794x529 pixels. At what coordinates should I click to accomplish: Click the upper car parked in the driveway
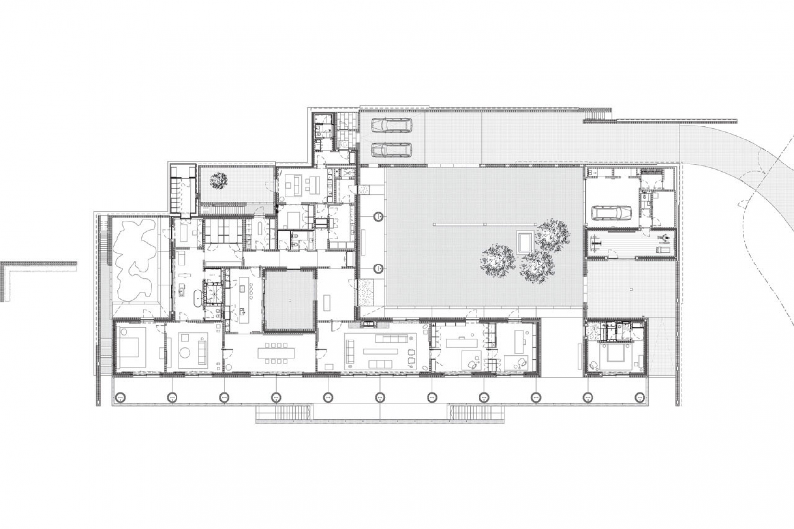pos(391,125)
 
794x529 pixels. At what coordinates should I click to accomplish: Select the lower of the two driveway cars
pos(391,150)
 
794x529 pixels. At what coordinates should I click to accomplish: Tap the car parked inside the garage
pos(611,212)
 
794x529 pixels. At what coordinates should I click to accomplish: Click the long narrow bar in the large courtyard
pos(484,224)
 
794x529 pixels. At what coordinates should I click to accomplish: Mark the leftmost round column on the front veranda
pos(120,397)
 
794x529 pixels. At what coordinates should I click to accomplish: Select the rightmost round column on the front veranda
pos(639,397)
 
